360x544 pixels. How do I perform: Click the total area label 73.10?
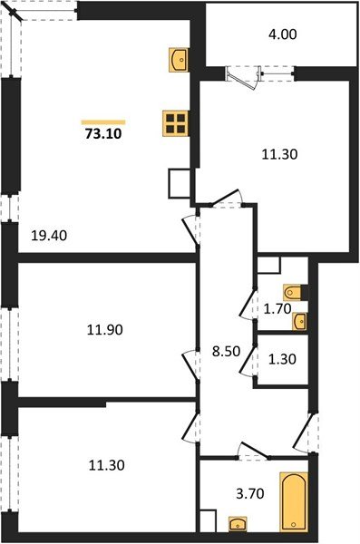(102, 134)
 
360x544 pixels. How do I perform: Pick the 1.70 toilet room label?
(276, 308)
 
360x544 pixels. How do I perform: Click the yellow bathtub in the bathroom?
(293, 501)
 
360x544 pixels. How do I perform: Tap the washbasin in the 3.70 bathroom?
(238, 523)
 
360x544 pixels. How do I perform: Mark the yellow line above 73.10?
(102, 121)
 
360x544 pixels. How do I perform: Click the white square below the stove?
(179, 184)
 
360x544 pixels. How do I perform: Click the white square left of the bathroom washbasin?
(208, 521)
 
